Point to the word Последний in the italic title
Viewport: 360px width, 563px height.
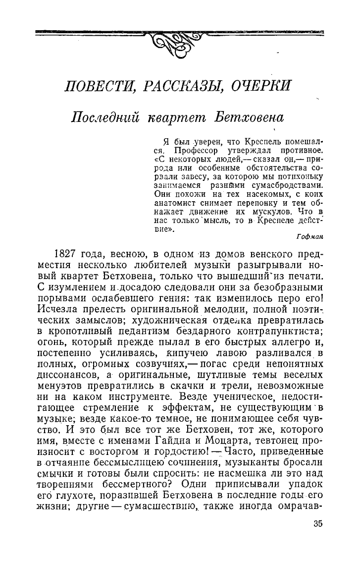(x=105, y=118)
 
